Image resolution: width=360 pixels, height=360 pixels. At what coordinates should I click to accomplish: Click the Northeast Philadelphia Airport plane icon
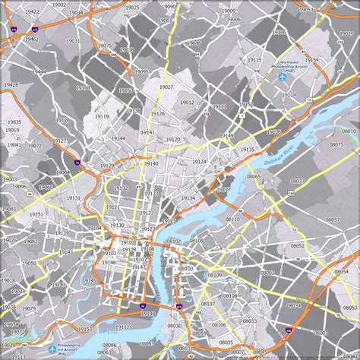(x=282, y=76)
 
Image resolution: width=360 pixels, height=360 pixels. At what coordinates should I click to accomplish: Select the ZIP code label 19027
(x=166, y=87)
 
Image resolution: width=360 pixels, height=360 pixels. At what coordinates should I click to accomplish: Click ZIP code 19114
(x=289, y=95)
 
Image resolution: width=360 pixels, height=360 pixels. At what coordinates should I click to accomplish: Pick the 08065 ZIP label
(x=254, y=176)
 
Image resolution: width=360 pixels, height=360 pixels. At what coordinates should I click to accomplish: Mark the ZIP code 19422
(x=32, y=13)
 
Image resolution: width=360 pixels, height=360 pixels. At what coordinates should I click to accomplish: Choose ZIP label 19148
(x=147, y=313)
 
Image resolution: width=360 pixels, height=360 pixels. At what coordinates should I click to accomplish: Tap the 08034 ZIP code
(x=293, y=305)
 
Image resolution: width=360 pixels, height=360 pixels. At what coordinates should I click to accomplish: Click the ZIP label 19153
(x=84, y=330)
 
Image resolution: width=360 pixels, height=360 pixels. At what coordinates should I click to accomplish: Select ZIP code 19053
(x=305, y=10)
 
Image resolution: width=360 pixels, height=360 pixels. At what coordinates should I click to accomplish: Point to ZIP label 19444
(x=39, y=71)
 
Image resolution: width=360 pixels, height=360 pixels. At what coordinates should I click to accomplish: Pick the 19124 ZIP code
(x=199, y=162)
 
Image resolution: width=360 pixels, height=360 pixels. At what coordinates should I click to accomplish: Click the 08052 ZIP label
(x=296, y=246)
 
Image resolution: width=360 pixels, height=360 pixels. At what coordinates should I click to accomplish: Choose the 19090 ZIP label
(x=168, y=6)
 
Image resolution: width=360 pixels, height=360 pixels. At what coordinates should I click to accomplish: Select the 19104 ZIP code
(x=93, y=228)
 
